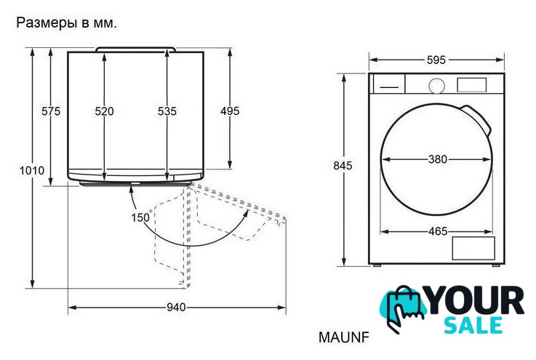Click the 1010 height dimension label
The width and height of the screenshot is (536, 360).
pos(32,170)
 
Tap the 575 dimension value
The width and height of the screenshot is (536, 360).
pos(51,111)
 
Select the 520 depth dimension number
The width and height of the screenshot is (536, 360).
pos(104,111)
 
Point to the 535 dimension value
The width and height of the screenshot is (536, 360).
pos(167,111)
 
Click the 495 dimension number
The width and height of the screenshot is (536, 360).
pos(230,111)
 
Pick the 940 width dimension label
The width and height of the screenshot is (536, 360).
pos(177,308)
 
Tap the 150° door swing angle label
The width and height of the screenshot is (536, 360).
pos(141,217)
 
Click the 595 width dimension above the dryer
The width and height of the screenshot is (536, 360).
pos(436,60)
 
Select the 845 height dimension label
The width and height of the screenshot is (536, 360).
pos(343,166)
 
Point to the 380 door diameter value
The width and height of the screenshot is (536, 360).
pos(438,159)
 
